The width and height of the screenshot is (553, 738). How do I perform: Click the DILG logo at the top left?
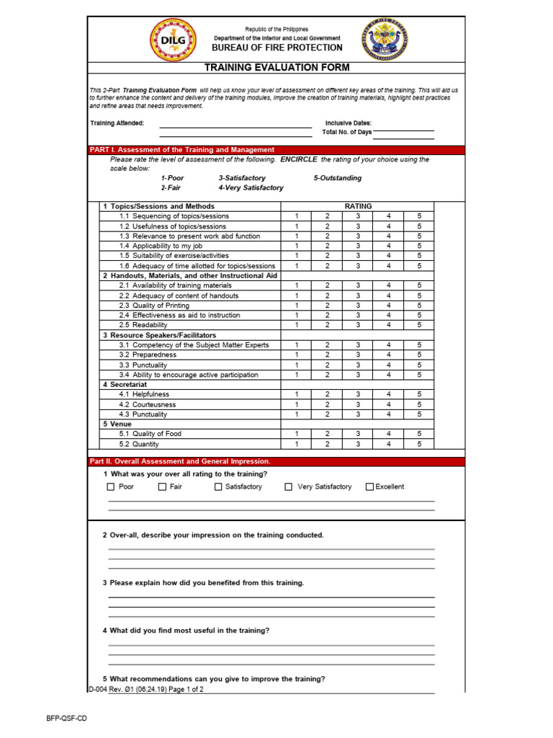pos(171,41)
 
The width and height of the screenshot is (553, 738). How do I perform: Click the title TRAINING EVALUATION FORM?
pos(277,68)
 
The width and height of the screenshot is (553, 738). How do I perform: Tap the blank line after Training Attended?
pos(235,124)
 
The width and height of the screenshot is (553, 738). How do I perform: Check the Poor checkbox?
pos(111,487)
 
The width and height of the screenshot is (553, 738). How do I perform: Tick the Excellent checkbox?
pos(370,487)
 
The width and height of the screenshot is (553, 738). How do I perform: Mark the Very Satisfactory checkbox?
pos(289,487)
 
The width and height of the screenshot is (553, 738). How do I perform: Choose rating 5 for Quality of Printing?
pos(419,306)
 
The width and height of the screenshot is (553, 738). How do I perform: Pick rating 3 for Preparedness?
pos(357,355)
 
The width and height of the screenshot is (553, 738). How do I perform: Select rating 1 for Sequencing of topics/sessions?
pos(296,216)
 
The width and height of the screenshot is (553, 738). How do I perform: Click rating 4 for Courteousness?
pos(388,405)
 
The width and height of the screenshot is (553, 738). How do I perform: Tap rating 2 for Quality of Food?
pos(327,435)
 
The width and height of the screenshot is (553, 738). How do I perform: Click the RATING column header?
pos(358,206)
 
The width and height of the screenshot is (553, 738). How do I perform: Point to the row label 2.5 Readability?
pos(143,325)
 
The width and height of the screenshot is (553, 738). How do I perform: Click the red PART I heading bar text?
pos(181,150)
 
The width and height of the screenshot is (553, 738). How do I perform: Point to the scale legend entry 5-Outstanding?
pos(338,178)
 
